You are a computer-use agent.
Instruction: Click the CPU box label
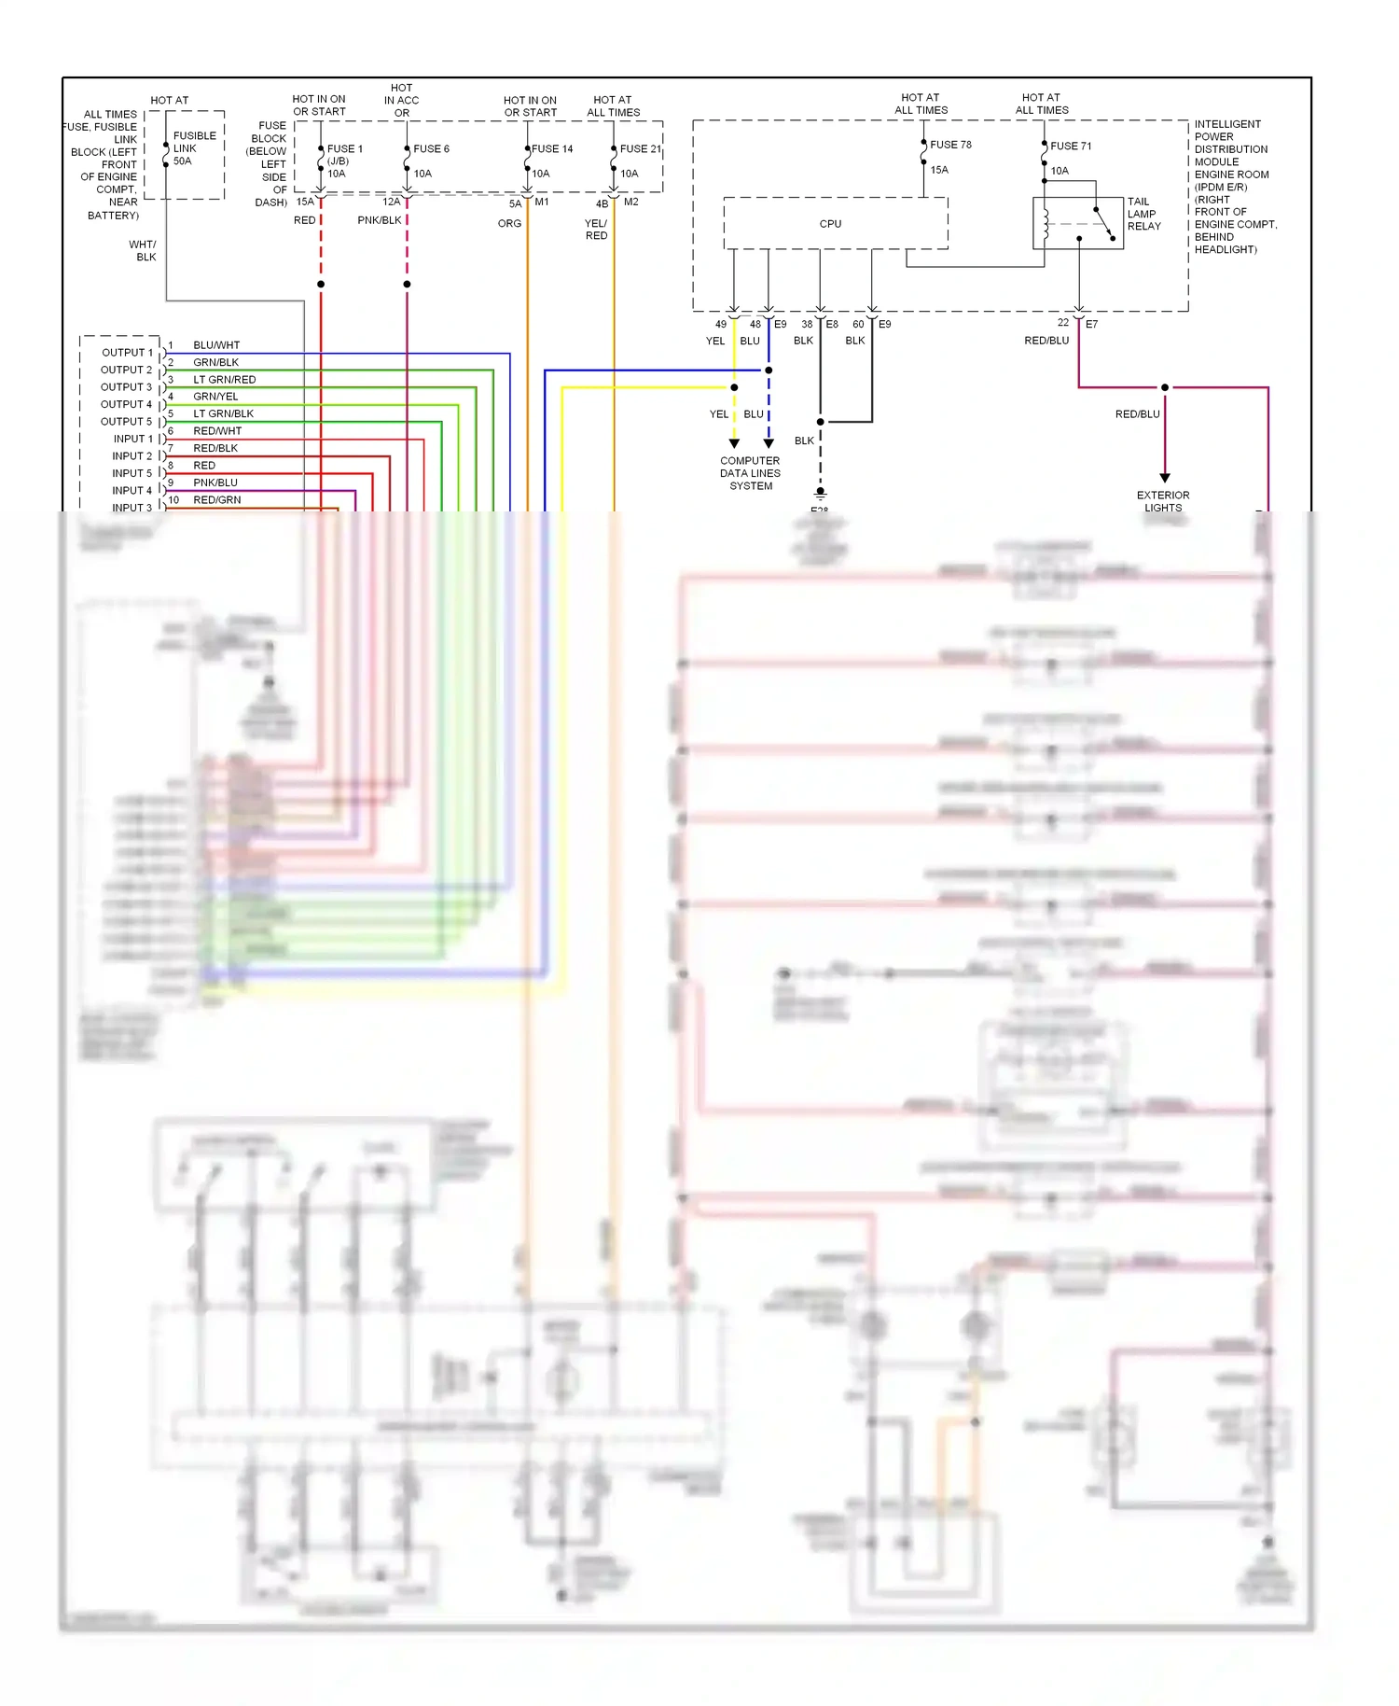point(830,224)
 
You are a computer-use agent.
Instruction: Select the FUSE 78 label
point(950,145)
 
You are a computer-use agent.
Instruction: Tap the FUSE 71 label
point(1071,147)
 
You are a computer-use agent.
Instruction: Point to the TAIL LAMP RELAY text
point(1143,214)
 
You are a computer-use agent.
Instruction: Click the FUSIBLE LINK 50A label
point(194,148)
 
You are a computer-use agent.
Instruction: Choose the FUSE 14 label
point(552,149)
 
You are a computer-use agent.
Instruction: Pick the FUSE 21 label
point(640,149)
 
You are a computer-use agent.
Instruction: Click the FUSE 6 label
point(431,149)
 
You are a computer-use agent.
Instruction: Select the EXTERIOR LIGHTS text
point(1163,502)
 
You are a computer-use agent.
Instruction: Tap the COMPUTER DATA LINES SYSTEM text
point(750,473)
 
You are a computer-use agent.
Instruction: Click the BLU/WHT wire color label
point(216,345)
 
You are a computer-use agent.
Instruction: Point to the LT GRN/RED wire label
point(224,380)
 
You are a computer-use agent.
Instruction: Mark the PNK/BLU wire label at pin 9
point(215,482)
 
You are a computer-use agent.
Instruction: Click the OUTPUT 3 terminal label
point(126,387)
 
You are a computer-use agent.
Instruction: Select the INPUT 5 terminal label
point(132,473)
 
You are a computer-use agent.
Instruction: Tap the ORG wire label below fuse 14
point(509,224)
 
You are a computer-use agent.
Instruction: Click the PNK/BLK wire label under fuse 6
point(379,221)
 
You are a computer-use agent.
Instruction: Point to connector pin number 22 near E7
point(1062,323)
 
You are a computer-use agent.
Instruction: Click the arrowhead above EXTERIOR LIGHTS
point(1165,478)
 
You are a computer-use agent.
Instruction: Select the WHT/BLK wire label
point(143,251)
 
